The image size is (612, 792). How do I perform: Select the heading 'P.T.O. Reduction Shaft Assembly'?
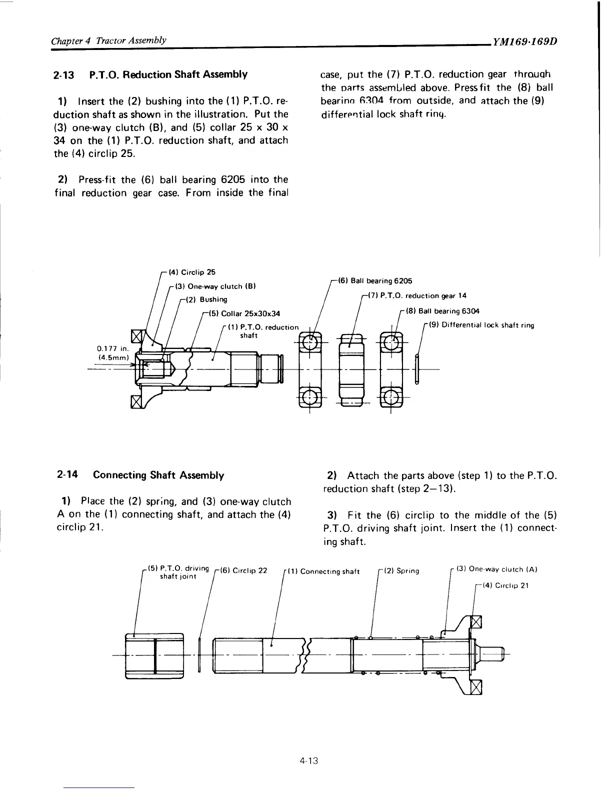coord(168,75)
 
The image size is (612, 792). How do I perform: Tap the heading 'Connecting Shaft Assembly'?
coord(158,475)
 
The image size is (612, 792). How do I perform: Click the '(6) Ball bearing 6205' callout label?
coord(375,280)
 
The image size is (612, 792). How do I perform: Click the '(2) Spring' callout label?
coord(401,570)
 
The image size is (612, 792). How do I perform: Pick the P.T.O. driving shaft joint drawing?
coord(155,655)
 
